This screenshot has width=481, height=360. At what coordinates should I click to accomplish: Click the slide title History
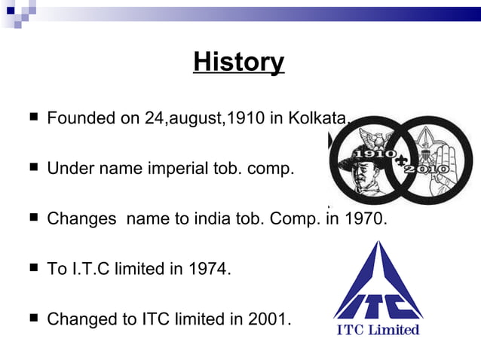click(x=238, y=62)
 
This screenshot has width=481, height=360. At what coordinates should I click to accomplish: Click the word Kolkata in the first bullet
click(x=320, y=119)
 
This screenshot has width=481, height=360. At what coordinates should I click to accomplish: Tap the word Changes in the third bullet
click(x=82, y=219)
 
